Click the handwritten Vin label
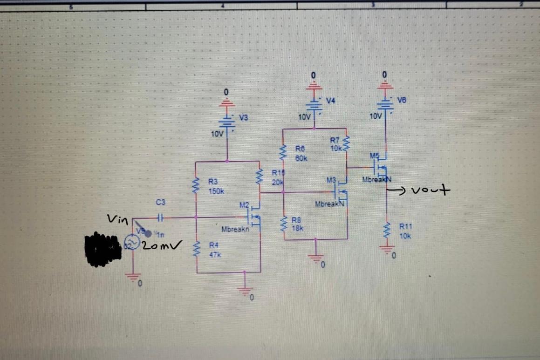pos(117,218)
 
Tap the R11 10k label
pos(405,231)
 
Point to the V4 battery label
pos(331,100)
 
